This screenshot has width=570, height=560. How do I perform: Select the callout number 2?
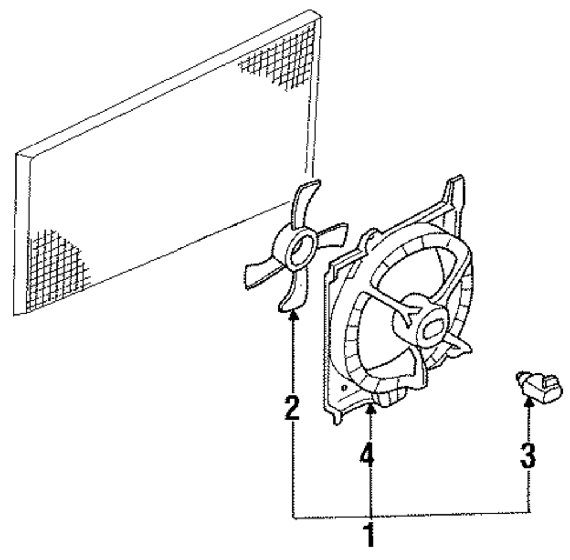[x=291, y=408]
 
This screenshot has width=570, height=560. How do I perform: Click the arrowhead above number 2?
[x=294, y=316]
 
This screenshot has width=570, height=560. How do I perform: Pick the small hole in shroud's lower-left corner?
[x=344, y=387]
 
